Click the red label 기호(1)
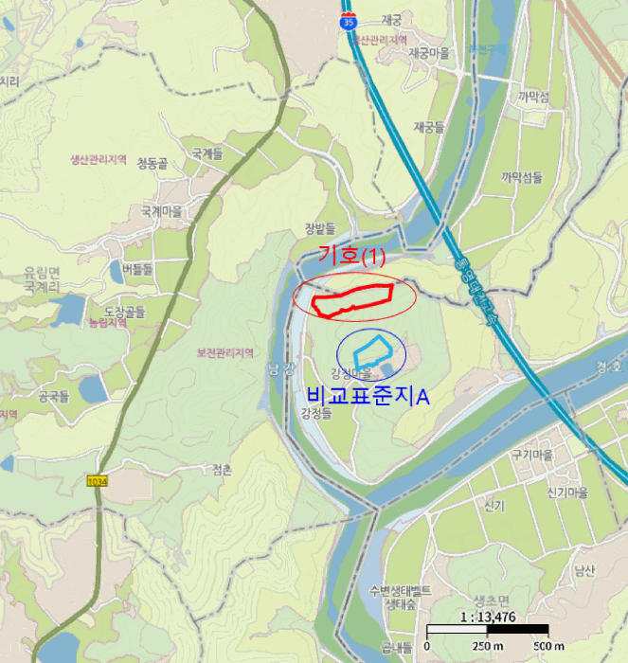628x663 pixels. (352, 256)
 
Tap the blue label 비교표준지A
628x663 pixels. (368, 395)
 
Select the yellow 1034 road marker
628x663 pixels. (97, 481)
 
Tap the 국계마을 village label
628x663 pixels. (161, 211)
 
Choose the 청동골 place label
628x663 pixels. (152, 164)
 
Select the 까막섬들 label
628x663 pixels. (522, 176)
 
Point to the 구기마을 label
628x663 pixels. (531, 456)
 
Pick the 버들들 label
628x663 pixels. (137, 269)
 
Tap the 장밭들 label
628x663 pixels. (320, 228)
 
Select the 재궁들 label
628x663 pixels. (429, 127)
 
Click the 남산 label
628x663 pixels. (583, 570)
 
